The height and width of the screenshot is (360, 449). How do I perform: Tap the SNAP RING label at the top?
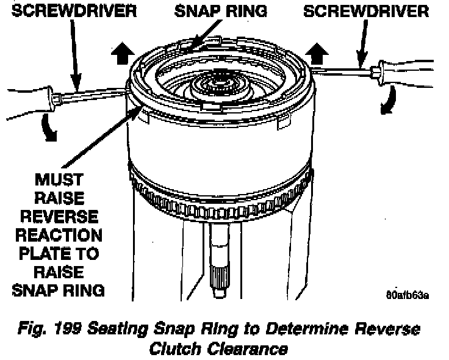point(216,10)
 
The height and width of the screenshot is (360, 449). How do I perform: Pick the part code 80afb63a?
point(407,297)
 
